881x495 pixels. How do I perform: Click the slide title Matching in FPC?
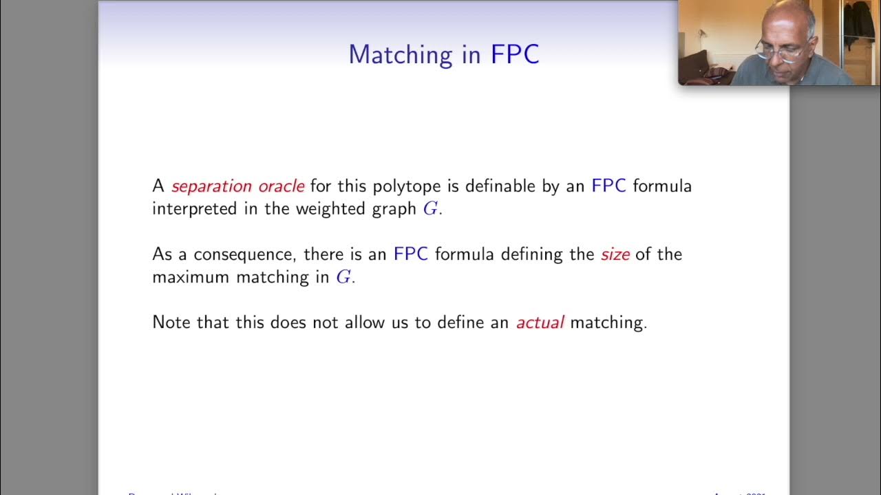click(443, 54)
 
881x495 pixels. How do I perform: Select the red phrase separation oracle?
click(237, 186)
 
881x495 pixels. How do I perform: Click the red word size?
click(615, 254)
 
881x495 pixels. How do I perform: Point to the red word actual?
click(540, 322)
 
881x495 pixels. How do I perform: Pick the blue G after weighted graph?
click(430, 208)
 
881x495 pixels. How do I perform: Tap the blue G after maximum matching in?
click(343, 277)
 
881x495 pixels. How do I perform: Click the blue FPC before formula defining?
click(410, 254)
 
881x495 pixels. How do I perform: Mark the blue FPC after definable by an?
click(608, 186)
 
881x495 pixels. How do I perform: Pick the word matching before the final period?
click(606, 322)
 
